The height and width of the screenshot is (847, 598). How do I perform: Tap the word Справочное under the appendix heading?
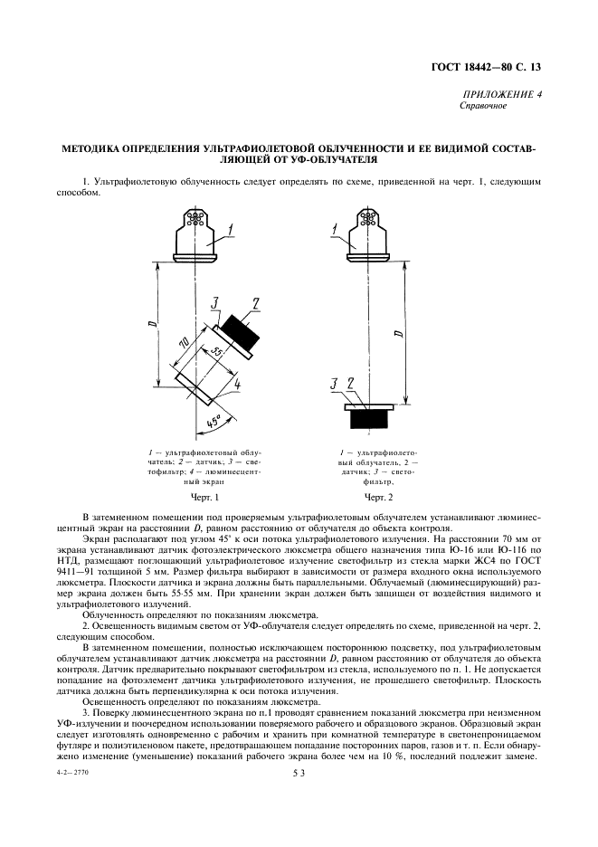click(x=485, y=106)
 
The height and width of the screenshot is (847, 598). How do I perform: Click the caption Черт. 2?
click(x=378, y=497)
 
